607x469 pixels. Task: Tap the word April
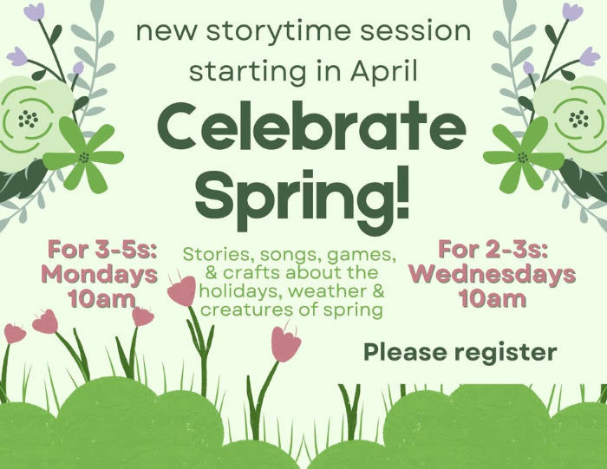point(384,71)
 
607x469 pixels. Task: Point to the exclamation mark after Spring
point(403,192)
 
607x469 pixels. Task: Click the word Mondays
point(99,274)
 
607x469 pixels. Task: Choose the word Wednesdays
point(493,274)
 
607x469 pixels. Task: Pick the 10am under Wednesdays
point(493,298)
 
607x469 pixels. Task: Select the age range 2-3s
point(516,250)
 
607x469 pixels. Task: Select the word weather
point(327,291)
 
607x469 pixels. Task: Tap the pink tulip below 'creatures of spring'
point(285,344)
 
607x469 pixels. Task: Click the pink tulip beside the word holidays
point(182,290)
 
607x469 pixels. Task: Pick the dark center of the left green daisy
point(84,158)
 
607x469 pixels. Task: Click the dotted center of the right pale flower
point(578,119)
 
